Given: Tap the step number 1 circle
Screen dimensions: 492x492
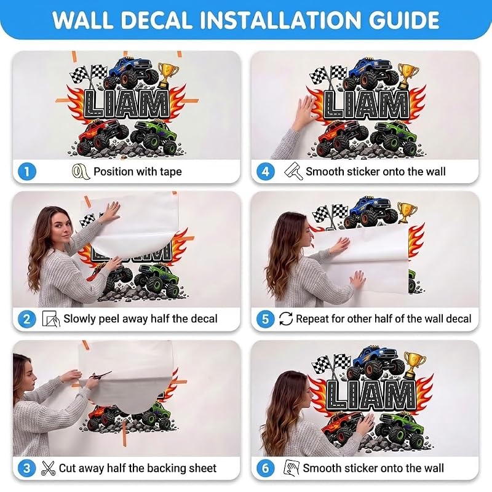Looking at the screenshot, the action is (x=26, y=172).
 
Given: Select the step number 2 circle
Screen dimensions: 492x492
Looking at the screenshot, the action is (x=26, y=319).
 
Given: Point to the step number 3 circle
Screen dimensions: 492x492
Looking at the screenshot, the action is (x=26, y=468).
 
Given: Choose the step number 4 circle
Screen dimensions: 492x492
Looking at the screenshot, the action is (x=266, y=172).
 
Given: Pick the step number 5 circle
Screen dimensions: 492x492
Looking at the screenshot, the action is (x=266, y=319).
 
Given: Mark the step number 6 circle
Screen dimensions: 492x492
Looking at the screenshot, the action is (x=266, y=468).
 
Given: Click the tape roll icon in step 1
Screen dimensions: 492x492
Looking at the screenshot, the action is (x=80, y=172).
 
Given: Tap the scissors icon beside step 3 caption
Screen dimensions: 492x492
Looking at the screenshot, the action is (x=48, y=468).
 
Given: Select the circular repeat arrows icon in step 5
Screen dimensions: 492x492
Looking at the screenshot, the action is (x=286, y=319).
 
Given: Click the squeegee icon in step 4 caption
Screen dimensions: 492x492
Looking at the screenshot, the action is (x=293, y=171).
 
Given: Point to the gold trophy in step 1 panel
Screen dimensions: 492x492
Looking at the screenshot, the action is (x=167, y=75).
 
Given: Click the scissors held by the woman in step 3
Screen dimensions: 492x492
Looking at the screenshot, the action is (x=100, y=375).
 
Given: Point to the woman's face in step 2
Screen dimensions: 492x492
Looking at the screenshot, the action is (x=62, y=228).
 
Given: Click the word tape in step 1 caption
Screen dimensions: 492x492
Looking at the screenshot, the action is (x=171, y=172).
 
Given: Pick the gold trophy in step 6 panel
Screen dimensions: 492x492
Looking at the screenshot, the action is (x=414, y=365).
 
